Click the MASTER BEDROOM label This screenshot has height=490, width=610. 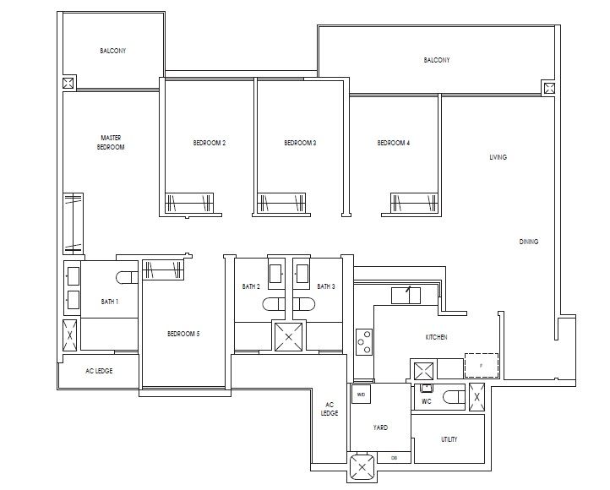point(112,142)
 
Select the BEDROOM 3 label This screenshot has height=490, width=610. point(300,144)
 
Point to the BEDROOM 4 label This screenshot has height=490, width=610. point(394,144)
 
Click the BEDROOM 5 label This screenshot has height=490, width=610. point(183,333)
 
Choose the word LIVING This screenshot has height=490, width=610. point(498,157)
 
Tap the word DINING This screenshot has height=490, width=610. point(529,242)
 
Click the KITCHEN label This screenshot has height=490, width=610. point(436,337)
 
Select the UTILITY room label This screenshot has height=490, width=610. point(449,440)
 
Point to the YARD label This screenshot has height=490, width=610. point(380,428)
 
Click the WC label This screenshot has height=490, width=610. point(428,402)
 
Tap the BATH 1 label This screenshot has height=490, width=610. point(110,302)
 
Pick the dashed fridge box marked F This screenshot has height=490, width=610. point(482,365)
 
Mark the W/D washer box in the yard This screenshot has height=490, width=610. point(361,395)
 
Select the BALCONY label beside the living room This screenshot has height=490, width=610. point(437,60)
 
